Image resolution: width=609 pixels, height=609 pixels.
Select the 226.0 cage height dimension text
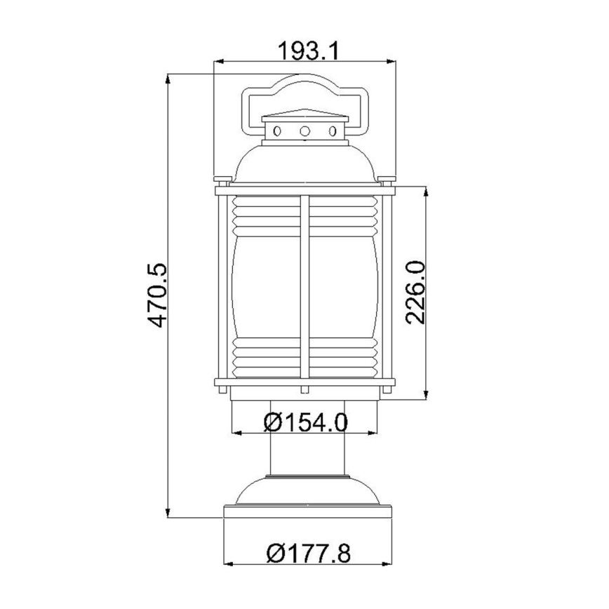[x=416, y=291]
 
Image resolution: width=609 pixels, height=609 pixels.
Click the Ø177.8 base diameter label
[x=309, y=554]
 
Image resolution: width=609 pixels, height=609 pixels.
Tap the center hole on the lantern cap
[x=305, y=131]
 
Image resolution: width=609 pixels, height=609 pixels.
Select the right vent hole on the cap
[x=333, y=131]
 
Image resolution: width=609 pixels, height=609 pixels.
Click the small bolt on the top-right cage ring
[x=387, y=180]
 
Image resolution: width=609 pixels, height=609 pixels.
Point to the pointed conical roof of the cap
[x=305, y=114]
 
